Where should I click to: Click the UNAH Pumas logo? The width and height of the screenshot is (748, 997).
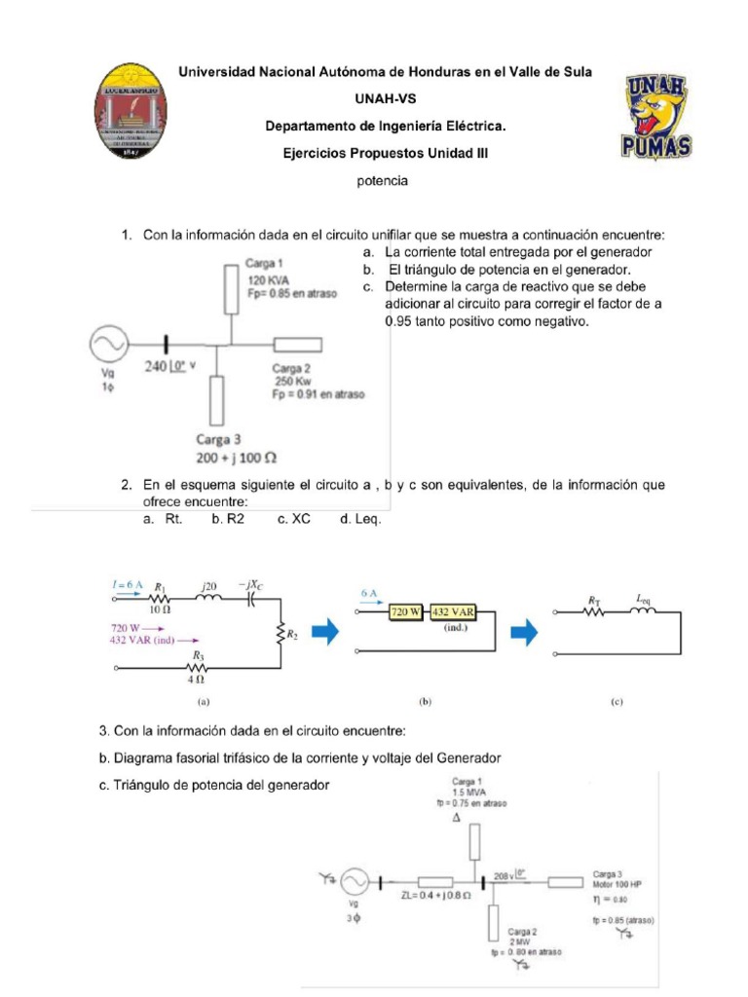[x=655, y=118]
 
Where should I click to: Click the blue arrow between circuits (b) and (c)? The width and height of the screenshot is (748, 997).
[x=525, y=632]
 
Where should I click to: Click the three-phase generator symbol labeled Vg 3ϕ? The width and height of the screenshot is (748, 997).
[x=353, y=882]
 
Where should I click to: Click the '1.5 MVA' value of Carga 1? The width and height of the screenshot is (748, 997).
[x=468, y=793]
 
